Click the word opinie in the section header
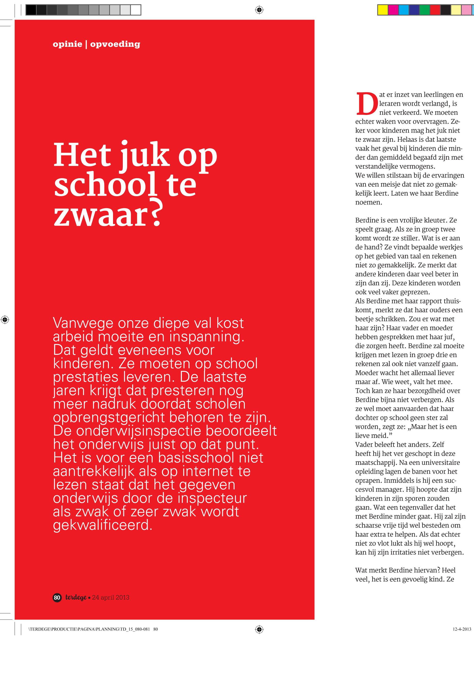67,44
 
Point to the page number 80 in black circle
57,598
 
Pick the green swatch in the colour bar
424,10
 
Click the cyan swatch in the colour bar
403,10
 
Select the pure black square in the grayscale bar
31,10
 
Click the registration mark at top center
259,10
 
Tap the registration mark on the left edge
5,320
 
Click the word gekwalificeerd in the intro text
103,525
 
